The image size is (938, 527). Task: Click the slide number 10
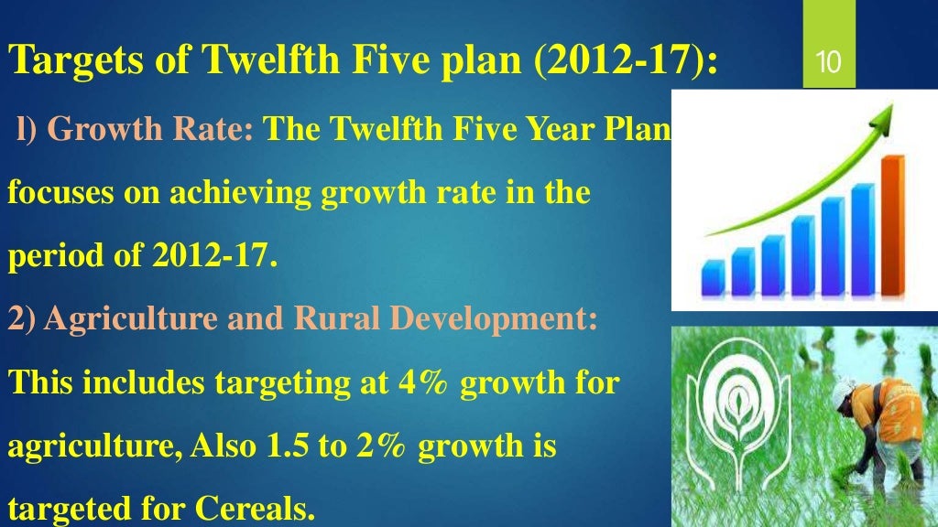coord(829,63)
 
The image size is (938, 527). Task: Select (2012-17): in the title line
coord(627,62)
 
